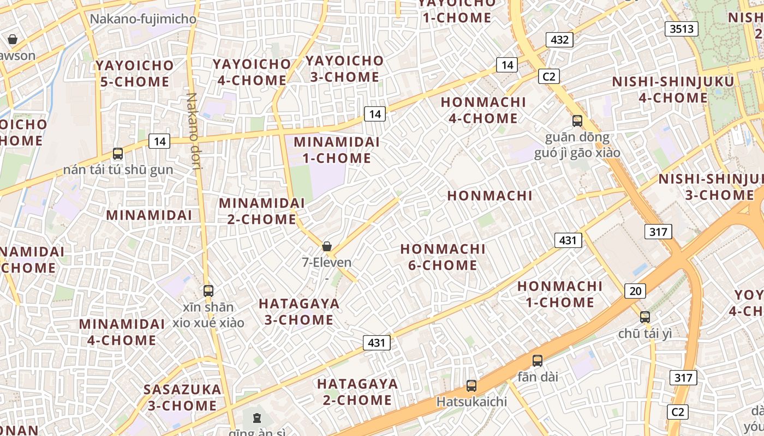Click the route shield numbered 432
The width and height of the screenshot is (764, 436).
pos(560,39)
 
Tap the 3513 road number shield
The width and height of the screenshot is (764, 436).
pos(682,28)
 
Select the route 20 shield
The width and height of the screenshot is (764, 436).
pos(635,291)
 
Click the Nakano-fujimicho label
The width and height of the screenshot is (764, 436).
pos(143,19)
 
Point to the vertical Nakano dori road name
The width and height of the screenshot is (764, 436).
pos(194,131)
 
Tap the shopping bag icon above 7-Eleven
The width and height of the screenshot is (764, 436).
pos(327,246)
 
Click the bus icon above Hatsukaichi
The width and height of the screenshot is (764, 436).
pos(471,386)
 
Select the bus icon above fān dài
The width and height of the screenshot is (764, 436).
pos(538,360)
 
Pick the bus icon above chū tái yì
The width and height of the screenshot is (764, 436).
pos(645,317)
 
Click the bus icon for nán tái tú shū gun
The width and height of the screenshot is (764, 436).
pos(118,154)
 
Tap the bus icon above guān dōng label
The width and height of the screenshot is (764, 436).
pos(577,121)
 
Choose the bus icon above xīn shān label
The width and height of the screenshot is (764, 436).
pos(208,291)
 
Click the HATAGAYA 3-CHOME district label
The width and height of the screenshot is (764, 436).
pos(299,312)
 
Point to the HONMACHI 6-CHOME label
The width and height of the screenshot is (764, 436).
pos(443,257)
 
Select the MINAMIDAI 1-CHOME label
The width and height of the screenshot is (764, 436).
pos(336,150)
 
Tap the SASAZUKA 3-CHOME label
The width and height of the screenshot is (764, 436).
pos(182,397)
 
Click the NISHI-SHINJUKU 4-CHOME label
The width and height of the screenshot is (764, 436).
pos(673,90)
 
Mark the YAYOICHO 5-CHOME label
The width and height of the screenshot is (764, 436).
pos(135,74)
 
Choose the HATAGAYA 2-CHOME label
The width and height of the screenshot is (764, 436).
pos(357,392)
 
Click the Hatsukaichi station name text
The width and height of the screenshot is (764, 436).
pos(471,402)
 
